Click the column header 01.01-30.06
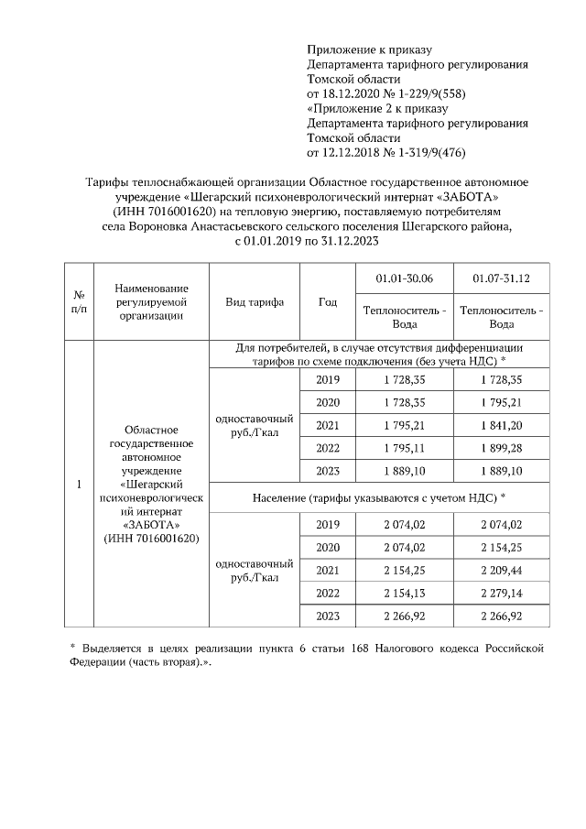tap(404, 277)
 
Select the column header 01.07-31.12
tap(501, 277)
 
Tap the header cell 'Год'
tap(328, 302)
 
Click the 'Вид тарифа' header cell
tap(255, 302)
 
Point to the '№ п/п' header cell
tap(79, 302)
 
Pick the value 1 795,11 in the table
tap(404, 448)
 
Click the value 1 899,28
tap(501, 448)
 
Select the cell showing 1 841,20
tap(501, 425)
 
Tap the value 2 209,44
tap(501, 570)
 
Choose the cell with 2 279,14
tap(501, 593)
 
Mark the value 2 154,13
tap(404, 593)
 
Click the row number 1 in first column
tap(79, 484)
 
